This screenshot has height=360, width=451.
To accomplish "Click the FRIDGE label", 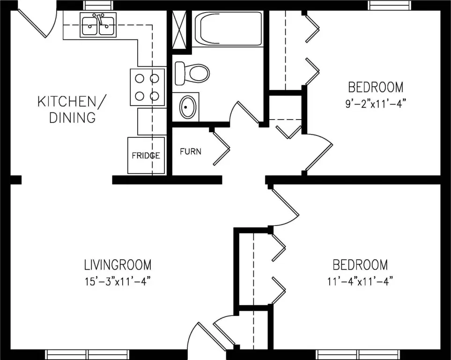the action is tap(146, 156).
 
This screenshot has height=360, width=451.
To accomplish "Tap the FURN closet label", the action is tap(191, 151).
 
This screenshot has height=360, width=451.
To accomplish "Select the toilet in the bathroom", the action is tap(192, 73).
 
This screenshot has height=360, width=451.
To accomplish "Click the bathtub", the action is tap(229, 29).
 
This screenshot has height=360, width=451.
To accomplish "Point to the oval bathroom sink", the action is tap(187, 107).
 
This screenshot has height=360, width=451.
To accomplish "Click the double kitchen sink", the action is tap(98, 25).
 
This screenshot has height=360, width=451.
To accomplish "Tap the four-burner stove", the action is tap(148, 87).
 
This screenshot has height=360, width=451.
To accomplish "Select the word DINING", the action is tap(73, 118).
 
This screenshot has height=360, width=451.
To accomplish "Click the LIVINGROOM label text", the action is tap(118, 265).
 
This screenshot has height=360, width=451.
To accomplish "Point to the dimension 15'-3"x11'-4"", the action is tap(118, 281).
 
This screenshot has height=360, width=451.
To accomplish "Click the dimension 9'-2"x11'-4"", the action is tap(375, 103).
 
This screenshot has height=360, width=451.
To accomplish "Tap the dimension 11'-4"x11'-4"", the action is tap(360, 281).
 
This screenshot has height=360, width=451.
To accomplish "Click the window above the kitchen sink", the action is tap(98, 5).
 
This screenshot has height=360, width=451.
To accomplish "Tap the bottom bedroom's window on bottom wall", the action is tap(359, 354).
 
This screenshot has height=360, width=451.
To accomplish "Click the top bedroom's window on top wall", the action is tap(390, 5).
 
